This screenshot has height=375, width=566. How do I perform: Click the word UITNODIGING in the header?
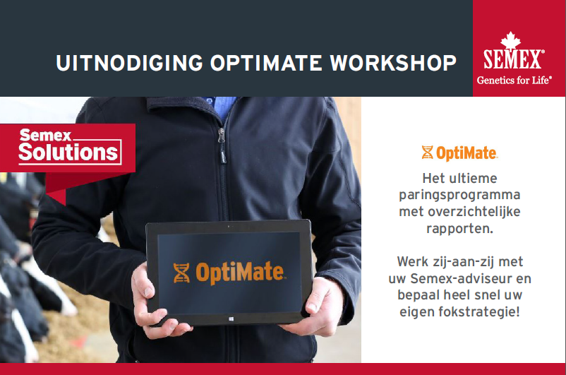click(130, 63)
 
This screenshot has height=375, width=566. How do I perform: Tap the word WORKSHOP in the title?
click(393, 63)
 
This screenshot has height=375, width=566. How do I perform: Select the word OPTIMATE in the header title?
click(266, 63)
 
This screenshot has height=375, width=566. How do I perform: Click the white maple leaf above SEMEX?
click(510, 40)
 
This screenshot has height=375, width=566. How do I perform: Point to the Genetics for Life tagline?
click(514, 80)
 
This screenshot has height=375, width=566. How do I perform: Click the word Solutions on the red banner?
click(68, 152)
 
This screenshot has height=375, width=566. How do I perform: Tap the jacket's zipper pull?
click(221, 136)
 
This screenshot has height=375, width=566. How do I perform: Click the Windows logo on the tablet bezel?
click(231, 319)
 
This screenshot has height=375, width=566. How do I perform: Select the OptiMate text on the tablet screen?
click(239, 272)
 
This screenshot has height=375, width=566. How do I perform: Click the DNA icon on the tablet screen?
click(181, 273)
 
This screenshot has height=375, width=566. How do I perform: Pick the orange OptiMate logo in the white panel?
click(459, 153)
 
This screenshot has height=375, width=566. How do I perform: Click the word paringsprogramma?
click(459, 196)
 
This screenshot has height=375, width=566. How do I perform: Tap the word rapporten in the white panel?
click(459, 229)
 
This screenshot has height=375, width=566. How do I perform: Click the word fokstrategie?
click(479, 311)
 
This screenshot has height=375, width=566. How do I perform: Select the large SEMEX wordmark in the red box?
click(512, 59)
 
